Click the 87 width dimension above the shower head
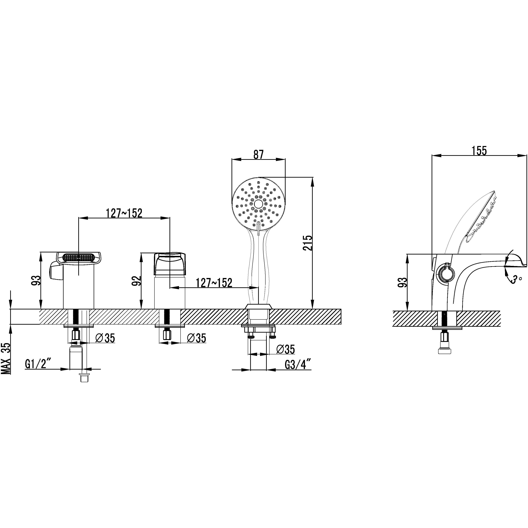click(258, 154)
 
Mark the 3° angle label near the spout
click(515, 280)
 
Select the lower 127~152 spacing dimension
click(214, 283)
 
